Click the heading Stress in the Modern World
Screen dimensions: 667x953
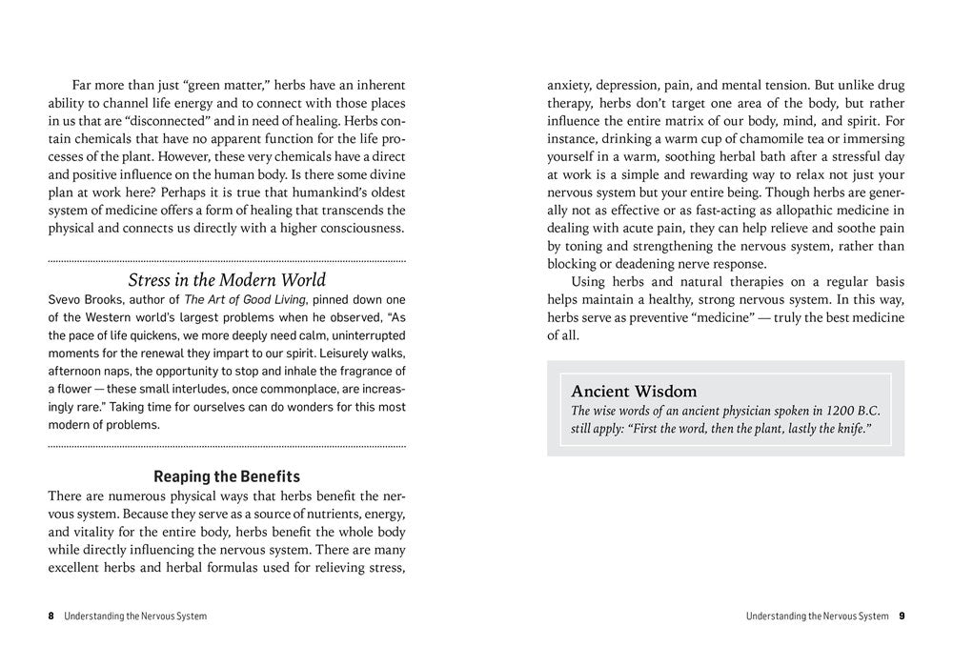(x=227, y=280)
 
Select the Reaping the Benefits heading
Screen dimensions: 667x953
(x=227, y=476)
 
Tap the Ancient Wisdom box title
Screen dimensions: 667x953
(x=634, y=392)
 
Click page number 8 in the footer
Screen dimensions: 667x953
(x=51, y=616)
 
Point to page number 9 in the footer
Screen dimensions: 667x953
(x=901, y=616)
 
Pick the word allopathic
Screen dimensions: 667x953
(x=770, y=210)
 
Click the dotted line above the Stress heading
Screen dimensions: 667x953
(x=227, y=260)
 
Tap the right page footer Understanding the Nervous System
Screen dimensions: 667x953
(x=818, y=616)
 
